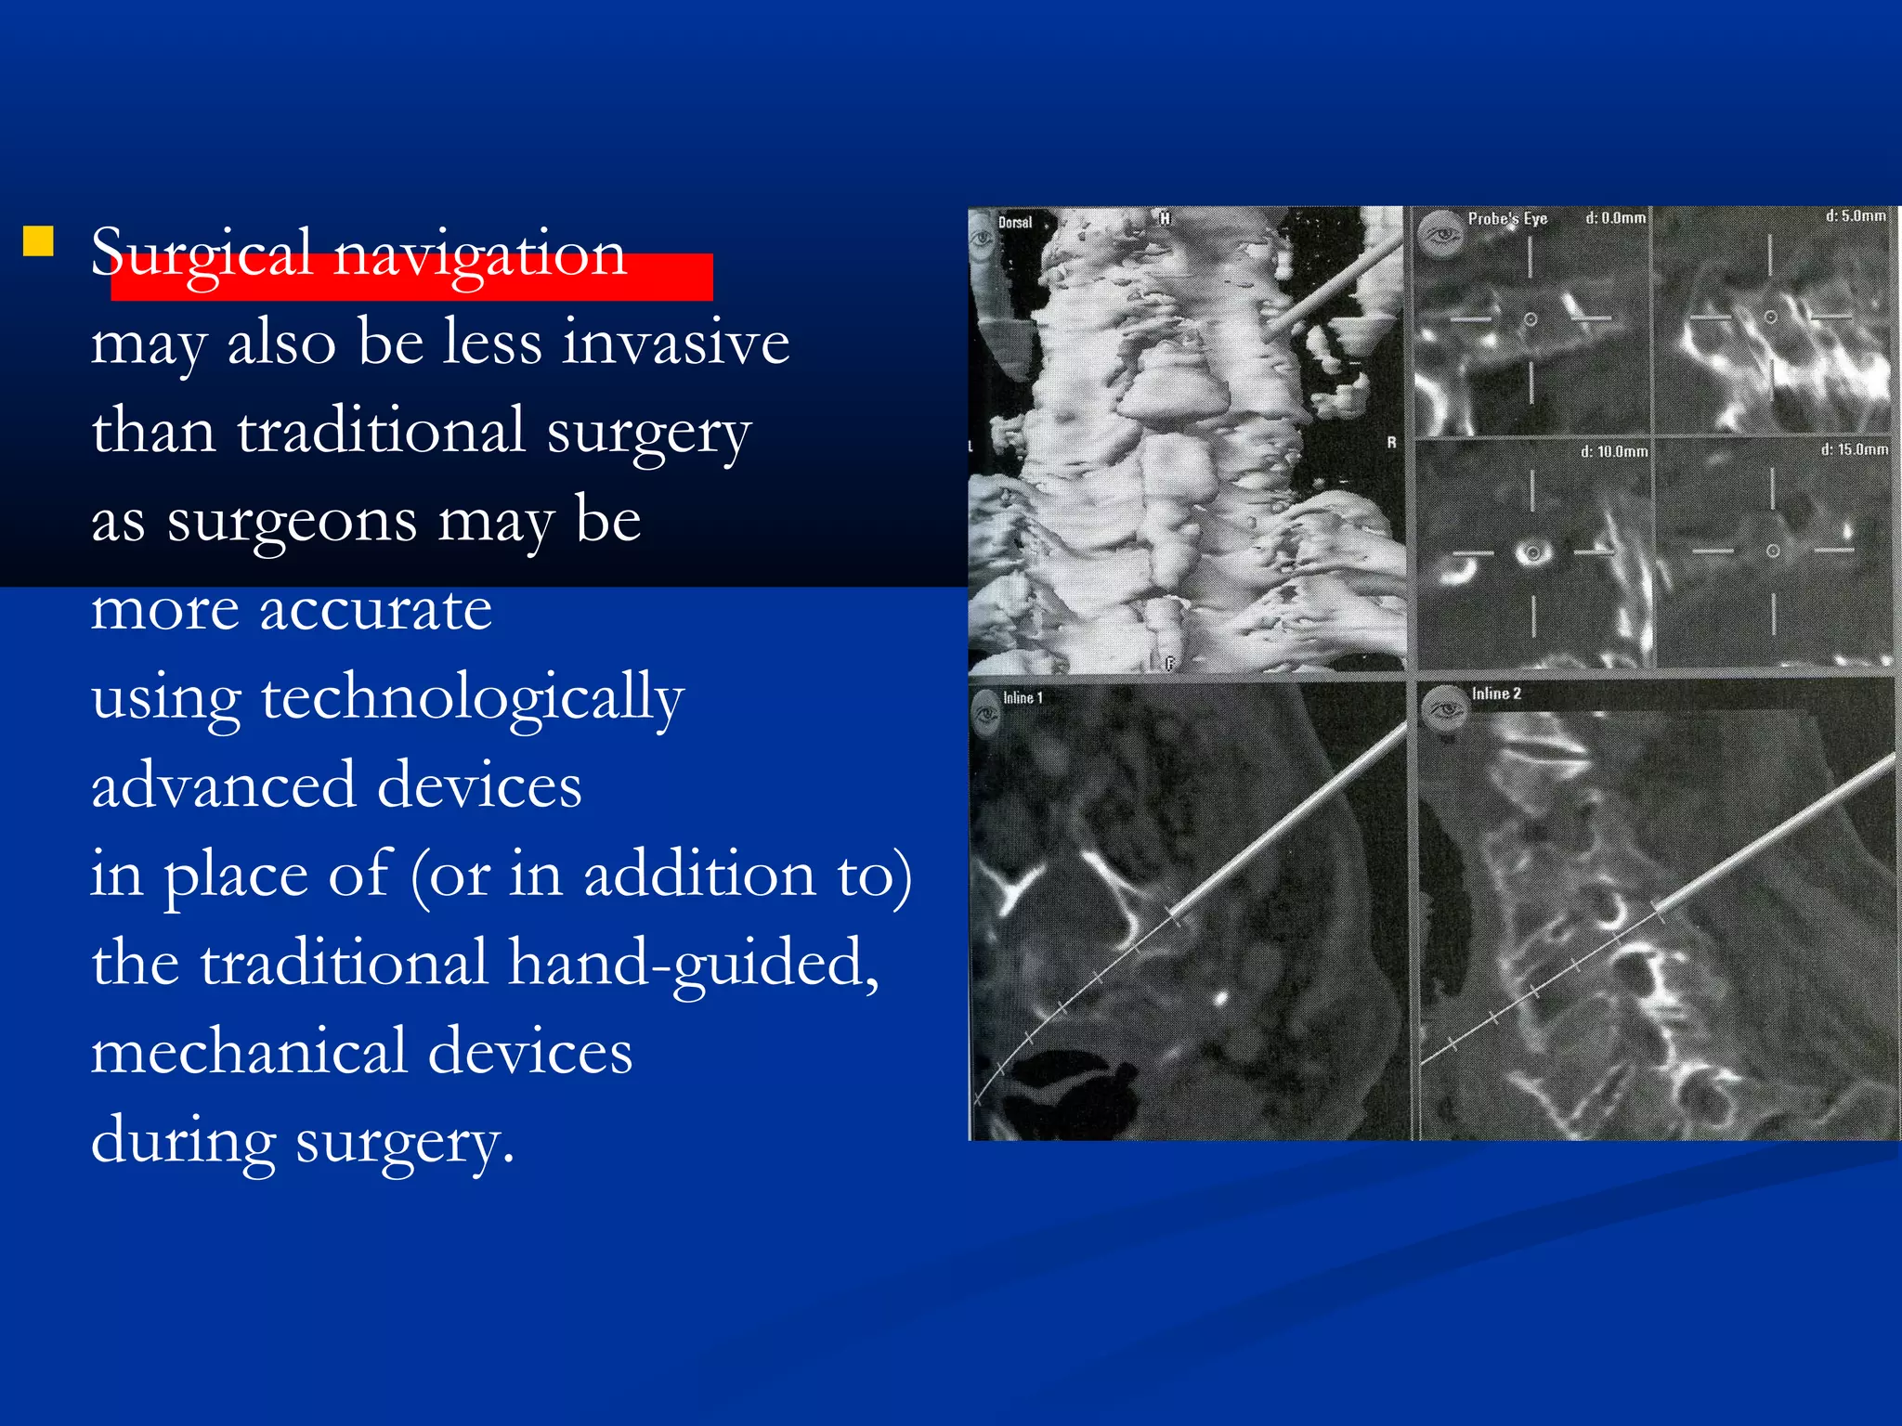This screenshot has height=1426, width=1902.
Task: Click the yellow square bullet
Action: coord(38,241)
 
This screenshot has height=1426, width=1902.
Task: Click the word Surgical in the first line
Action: coord(201,253)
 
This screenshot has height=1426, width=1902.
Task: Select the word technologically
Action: coord(472,698)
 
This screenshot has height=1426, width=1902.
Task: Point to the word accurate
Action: coord(375,610)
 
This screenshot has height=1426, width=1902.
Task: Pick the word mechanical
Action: coord(249,1052)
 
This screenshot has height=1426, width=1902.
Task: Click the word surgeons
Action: coord(292,521)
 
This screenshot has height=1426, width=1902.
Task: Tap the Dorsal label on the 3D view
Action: coord(1015,223)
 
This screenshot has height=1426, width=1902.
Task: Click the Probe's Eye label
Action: coord(1507,219)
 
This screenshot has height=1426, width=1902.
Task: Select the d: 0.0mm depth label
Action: coord(1615,218)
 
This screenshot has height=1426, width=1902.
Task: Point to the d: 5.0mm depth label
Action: coord(1855,216)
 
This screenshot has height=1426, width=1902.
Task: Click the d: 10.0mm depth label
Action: coord(1614,452)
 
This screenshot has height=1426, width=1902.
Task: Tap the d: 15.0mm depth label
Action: coord(1854,450)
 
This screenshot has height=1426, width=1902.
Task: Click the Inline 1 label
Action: coord(1023,698)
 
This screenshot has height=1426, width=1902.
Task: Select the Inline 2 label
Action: coord(1496,694)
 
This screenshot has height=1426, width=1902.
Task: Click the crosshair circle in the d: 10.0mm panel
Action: coord(1532,553)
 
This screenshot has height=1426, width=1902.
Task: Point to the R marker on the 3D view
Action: coord(1391,443)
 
